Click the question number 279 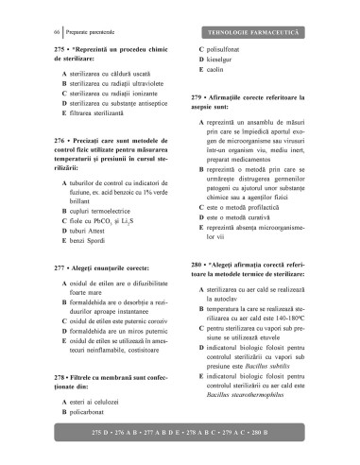197,96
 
